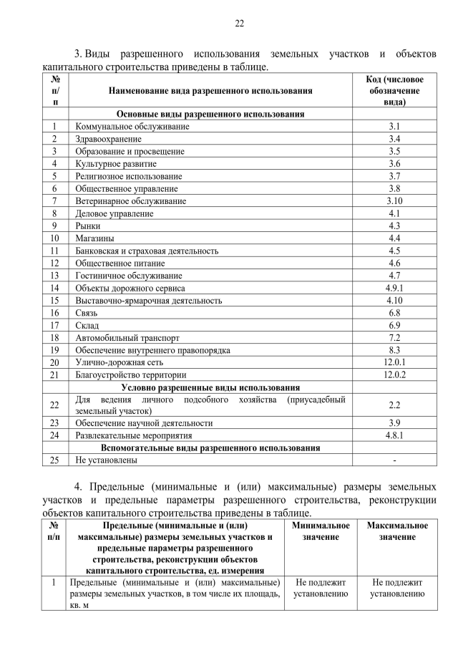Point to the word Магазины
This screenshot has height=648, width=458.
point(94,238)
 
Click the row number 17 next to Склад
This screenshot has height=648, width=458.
point(55,325)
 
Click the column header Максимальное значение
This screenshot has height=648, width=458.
point(398,531)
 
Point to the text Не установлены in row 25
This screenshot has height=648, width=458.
point(106,460)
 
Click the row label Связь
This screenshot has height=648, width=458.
point(87,312)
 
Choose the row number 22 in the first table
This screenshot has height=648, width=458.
point(55,405)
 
